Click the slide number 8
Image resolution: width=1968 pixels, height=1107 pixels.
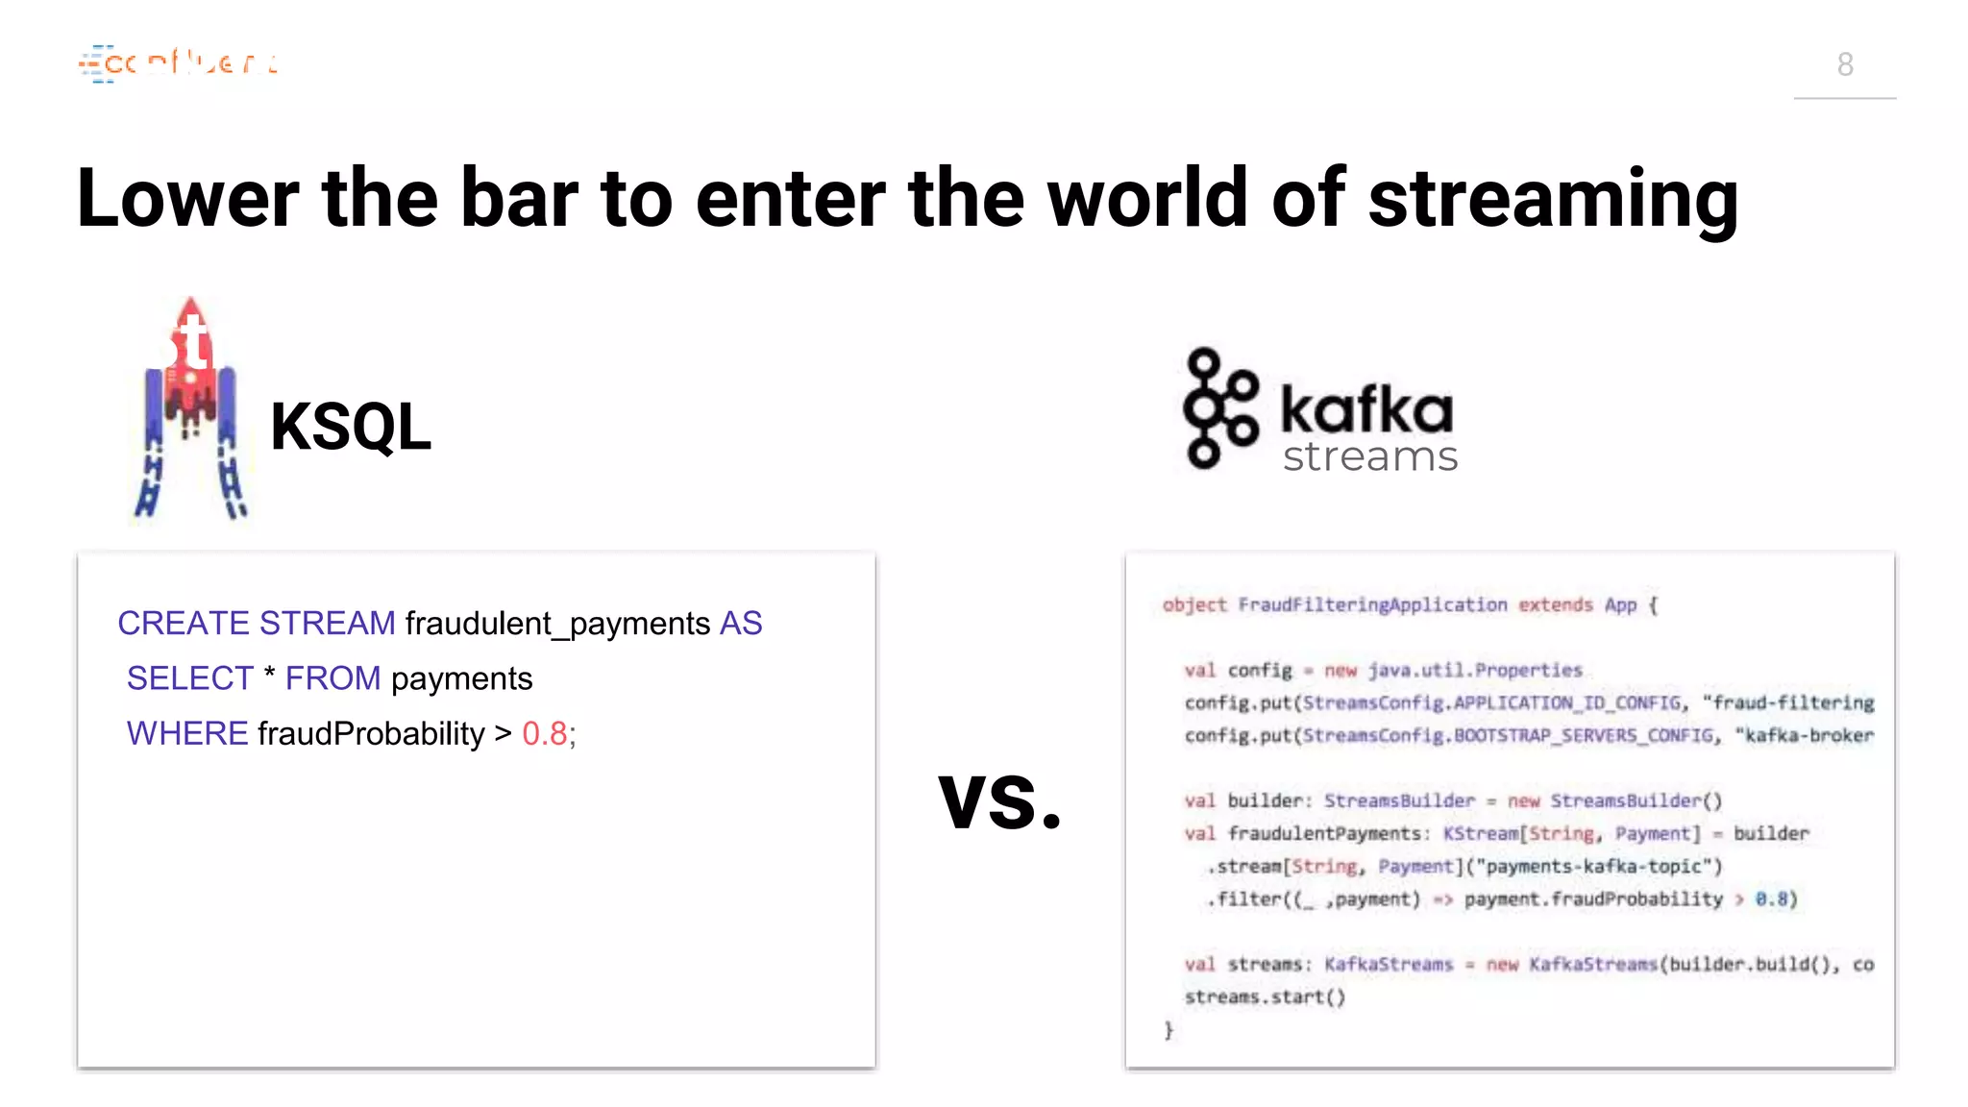point(1845,64)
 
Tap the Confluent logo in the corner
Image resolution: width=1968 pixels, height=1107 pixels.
point(179,63)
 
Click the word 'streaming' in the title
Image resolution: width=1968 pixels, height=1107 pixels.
point(1553,199)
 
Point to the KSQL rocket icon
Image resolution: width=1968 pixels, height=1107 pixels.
point(191,408)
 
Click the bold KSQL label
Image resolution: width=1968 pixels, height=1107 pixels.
point(351,427)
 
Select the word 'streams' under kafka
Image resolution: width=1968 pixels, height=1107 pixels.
point(1370,457)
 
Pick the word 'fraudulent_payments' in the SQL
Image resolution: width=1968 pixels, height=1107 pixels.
point(557,624)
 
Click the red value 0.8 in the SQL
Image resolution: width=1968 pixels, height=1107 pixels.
point(545,734)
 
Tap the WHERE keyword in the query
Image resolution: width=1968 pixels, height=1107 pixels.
point(187,734)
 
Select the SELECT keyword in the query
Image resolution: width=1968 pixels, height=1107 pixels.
point(190,678)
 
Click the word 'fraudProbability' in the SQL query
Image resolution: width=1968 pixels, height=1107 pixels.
point(371,734)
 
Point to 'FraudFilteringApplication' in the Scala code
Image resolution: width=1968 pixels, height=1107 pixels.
point(1372,605)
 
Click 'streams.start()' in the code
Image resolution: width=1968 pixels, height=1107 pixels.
point(1265,997)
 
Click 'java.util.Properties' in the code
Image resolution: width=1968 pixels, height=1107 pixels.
point(1475,671)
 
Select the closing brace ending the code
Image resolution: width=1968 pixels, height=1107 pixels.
point(1168,1030)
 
